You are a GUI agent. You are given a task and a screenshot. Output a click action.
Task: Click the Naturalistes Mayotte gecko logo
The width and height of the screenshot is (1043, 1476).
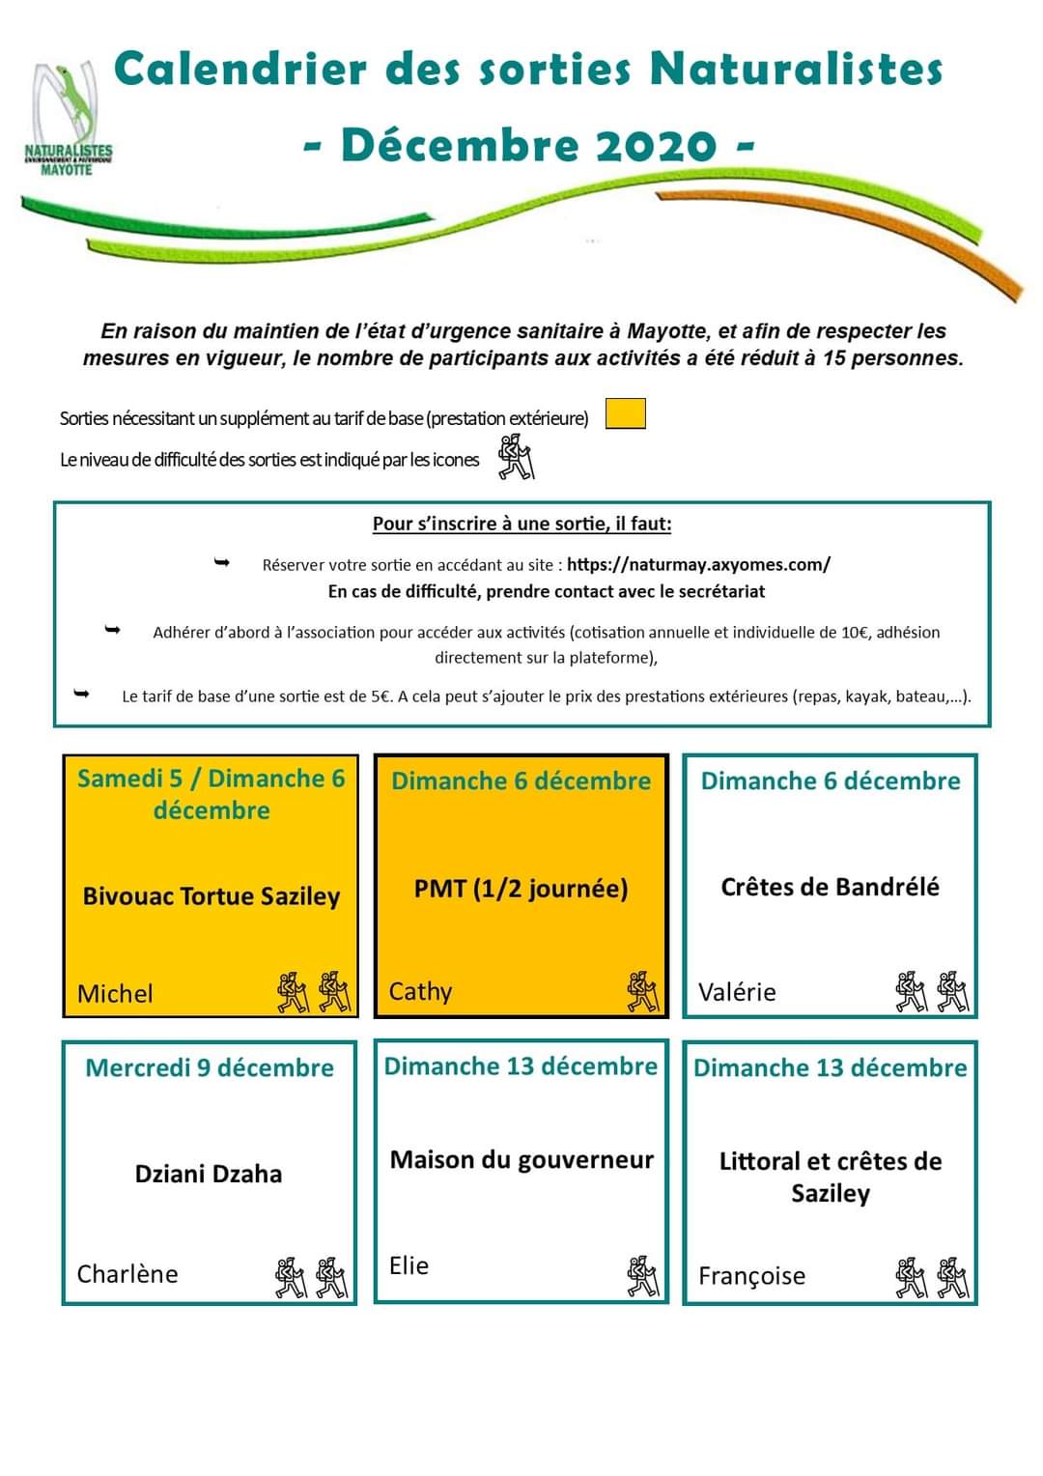(69, 119)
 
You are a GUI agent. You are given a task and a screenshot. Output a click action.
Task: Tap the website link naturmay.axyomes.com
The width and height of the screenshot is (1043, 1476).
(698, 564)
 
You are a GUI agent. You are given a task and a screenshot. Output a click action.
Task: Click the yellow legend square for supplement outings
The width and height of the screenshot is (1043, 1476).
(625, 413)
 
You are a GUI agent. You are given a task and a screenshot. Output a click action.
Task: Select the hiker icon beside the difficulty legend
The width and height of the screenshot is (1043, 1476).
(516, 457)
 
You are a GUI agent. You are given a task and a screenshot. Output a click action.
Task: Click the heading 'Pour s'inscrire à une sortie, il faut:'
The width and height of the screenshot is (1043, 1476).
(521, 524)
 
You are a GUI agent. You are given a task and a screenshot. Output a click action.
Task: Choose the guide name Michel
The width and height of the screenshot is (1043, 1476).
(115, 993)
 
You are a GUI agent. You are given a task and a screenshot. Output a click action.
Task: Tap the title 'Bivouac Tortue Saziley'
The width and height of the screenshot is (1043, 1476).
(211, 895)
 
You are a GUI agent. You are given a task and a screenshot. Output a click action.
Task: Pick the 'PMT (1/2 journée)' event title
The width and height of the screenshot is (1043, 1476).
(521, 888)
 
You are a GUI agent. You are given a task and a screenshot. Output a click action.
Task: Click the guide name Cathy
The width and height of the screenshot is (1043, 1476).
(420, 991)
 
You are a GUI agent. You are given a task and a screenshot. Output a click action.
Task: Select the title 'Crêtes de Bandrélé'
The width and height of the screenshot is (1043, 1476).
(830, 887)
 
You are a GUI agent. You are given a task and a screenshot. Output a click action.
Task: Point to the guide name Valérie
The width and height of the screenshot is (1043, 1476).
(737, 992)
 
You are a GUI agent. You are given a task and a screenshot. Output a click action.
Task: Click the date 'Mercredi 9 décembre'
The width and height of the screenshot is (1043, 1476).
(210, 1067)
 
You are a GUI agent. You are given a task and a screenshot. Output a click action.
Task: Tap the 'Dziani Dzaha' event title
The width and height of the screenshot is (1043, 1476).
(209, 1174)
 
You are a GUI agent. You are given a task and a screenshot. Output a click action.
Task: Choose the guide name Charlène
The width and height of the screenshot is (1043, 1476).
(127, 1273)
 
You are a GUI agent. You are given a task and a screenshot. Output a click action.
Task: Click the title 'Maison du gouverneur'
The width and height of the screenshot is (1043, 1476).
(521, 1159)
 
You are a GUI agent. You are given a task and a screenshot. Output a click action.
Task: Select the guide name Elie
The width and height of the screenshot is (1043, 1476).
(409, 1265)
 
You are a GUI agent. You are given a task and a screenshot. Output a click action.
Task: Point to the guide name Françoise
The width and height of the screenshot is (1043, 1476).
(751, 1276)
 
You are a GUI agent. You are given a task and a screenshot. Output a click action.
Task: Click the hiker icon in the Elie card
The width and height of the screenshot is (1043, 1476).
(642, 1276)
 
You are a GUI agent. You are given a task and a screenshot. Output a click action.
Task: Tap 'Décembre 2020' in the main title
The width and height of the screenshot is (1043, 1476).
(528, 146)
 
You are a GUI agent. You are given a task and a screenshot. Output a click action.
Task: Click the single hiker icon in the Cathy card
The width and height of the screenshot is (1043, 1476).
(642, 992)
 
